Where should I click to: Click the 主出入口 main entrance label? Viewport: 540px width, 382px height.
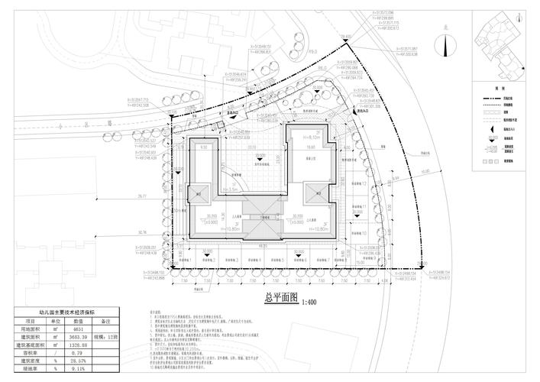pos(233,112)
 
